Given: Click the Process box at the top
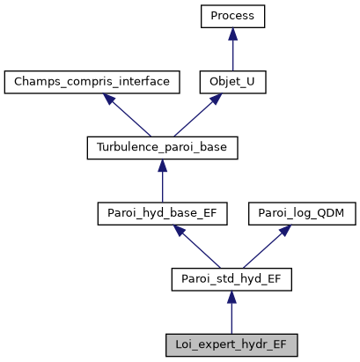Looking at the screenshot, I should pos(231,17).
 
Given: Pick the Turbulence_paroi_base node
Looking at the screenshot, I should pos(162,148).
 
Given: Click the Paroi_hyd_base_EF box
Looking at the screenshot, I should pos(162,213).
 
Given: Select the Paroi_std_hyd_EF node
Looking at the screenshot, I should pos(231,279).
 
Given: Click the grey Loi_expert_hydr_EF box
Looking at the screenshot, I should pos(231,344).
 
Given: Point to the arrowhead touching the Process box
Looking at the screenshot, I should pos(231,33).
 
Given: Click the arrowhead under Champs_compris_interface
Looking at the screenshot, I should pos(111,100).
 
